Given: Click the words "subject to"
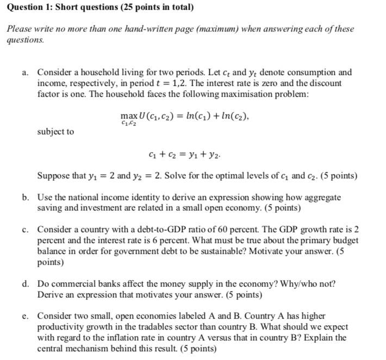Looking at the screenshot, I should pos(55,132).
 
